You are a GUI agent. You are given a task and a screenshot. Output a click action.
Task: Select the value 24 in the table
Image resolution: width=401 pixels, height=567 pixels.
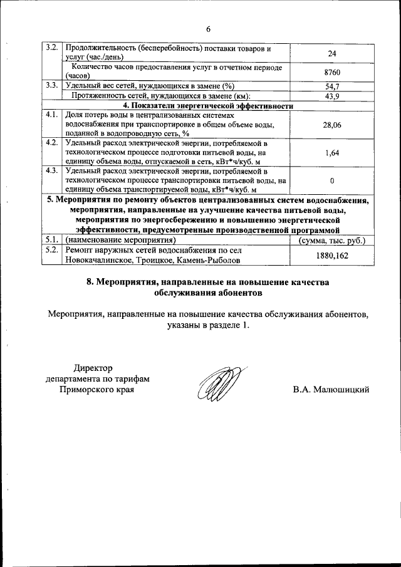coord(332,53)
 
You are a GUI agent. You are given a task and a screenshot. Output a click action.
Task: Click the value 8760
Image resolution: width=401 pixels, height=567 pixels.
coord(332,72)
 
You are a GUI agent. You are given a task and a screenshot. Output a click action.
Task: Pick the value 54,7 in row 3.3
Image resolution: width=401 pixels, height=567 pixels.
coord(332,86)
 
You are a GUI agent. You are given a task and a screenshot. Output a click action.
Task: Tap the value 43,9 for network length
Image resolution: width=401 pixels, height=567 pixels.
coord(332,96)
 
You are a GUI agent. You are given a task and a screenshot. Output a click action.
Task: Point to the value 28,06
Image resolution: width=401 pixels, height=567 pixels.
coord(332,125)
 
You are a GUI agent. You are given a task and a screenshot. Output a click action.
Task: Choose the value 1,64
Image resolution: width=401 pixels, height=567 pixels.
coord(332,152)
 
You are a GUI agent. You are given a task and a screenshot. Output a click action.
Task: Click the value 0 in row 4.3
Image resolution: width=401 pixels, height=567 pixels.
coord(332,180)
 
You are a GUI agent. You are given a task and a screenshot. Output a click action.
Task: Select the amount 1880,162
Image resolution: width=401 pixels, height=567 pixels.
coord(332,256)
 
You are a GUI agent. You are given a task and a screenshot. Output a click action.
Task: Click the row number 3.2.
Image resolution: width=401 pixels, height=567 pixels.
coord(53,48)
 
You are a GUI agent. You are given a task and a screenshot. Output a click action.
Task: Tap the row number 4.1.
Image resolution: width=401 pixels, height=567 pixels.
coord(53,115)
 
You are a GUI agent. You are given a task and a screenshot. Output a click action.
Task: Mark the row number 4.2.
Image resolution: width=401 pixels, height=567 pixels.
coord(53,143)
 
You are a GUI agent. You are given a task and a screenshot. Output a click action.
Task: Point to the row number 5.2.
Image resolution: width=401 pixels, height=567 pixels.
coord(53,250)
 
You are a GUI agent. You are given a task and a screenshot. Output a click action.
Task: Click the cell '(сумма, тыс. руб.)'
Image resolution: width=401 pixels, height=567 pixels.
coord(332,240)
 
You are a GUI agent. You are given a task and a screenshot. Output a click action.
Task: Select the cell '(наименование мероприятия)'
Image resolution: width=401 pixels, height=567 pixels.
coord(120,240)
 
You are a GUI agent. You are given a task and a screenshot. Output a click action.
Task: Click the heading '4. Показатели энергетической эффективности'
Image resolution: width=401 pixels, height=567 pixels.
coord(207,106)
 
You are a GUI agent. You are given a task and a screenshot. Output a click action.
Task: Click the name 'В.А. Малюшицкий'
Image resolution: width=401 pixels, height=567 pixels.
coord(331,390)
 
